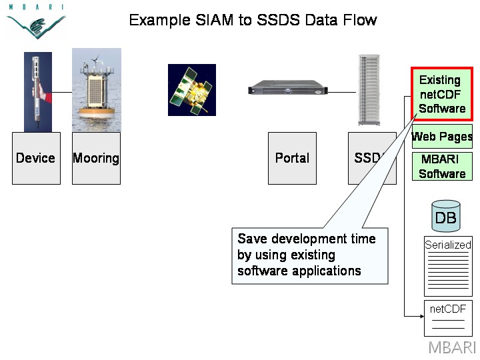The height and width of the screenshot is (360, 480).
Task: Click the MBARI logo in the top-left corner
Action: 36,21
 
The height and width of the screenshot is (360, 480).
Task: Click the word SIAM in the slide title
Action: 214,20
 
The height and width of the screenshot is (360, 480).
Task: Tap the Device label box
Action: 36,158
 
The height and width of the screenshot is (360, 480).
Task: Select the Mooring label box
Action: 96,158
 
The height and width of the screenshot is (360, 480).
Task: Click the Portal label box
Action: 292,158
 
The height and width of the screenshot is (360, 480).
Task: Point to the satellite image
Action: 192,90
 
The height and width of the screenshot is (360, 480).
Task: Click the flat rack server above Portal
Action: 288,87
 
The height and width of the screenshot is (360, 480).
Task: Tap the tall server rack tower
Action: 369,90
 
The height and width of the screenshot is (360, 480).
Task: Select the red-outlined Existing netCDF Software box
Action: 442,94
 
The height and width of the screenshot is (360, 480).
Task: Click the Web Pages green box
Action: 442,137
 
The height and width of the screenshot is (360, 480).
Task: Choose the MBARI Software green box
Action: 442,166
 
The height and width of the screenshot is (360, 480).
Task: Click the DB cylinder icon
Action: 446,216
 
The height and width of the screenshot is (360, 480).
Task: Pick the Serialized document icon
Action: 448,266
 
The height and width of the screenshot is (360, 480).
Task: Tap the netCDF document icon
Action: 448,319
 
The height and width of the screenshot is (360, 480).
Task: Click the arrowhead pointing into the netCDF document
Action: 422,316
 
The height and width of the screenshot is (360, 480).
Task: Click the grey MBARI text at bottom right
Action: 453,348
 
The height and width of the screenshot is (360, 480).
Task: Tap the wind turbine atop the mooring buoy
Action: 96,59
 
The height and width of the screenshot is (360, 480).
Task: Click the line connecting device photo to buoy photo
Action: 62,92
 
